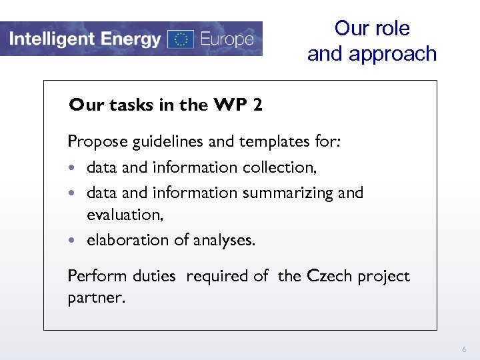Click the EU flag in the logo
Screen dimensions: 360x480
tap(181, 39)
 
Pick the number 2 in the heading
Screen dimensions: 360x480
tap(258, 105)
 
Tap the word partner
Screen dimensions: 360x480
tap(95, 297)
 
